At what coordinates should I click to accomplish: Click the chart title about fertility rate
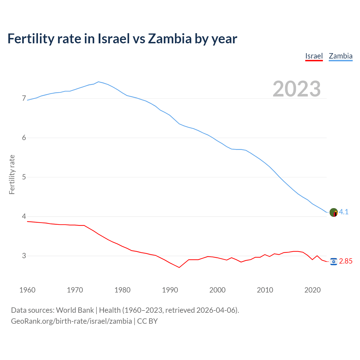tap(122, 39)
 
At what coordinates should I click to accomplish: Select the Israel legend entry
tap(314, 56)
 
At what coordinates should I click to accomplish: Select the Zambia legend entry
tap(341, 56)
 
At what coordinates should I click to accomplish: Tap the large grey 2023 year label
tap(296, 89)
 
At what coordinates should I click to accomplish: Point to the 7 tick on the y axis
tap(24, 98)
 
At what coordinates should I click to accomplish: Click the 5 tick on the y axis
tap(24, 177)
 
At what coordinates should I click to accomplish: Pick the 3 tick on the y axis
tap(24, 256)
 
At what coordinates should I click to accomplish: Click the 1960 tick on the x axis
tap(27, 290)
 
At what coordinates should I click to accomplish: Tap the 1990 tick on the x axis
tap(170, 290)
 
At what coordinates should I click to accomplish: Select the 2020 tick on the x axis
tap(312, 290)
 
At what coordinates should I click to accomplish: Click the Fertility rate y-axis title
tap(12, 174)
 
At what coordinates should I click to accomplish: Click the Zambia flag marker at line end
tap(334, 212)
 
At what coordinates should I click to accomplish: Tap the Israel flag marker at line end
tap(334, 262)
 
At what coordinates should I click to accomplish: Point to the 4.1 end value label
tap(344, 212)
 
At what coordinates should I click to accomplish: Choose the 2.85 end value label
tap(346, 261)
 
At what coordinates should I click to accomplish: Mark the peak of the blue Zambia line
tap(98, 82)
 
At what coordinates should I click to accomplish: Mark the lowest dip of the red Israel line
tap(179, 267)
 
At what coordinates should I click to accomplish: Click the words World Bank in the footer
tap(75, 310)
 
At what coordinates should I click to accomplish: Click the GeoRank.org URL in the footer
tap(71, 321)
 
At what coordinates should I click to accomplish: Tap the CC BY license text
tap(147, 321)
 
